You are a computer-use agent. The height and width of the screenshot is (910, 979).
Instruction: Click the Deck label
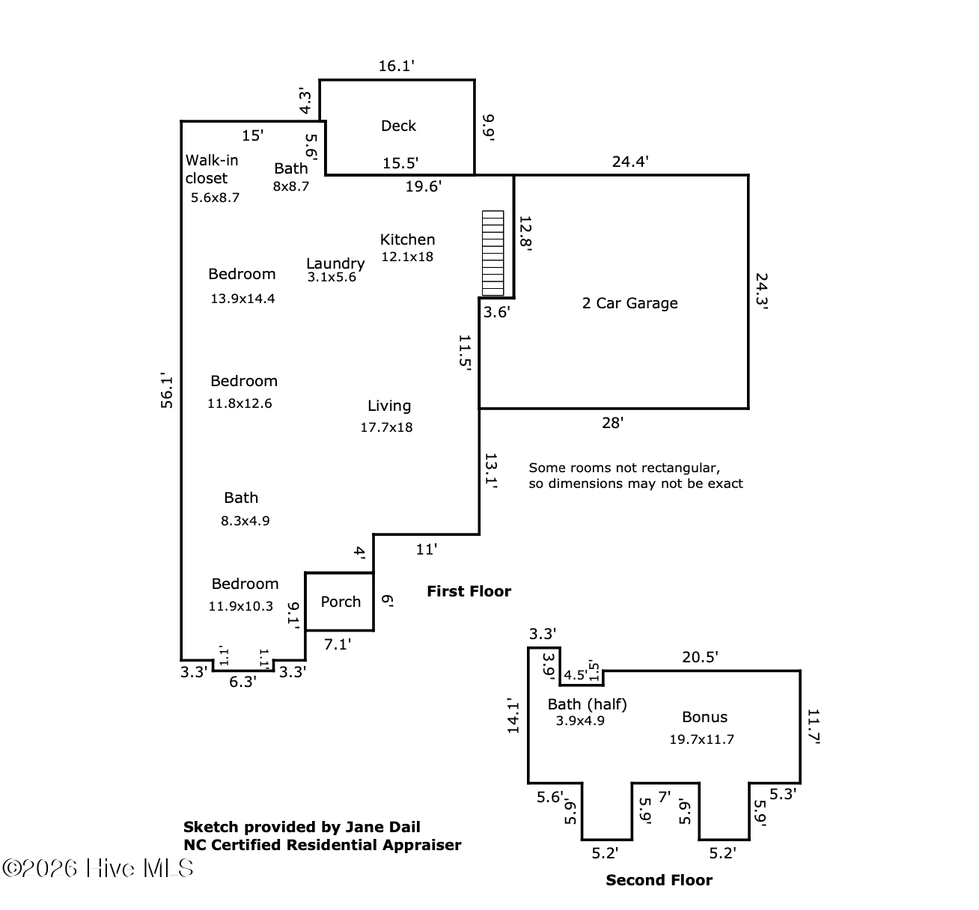[398, 126]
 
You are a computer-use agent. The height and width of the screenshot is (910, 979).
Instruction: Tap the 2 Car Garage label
[629, 303]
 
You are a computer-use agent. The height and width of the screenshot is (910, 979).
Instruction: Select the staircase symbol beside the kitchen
[493, 253]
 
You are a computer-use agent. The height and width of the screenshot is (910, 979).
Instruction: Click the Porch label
[341, 602]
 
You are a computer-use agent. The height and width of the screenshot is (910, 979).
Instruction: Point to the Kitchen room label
[407, 239]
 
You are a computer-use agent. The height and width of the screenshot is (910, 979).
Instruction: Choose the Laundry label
[335, 263]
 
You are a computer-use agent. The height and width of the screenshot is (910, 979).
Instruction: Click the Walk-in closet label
[211, 169]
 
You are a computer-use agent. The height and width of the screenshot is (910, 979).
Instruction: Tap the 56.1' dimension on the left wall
[167, 391]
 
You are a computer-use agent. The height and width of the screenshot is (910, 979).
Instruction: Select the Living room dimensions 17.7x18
[386, 427]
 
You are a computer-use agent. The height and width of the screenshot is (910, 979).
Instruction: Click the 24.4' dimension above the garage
[630, 161]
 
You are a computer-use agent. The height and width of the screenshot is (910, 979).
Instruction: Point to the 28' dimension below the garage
[612, 423]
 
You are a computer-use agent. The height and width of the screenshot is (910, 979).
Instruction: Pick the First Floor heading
[469, 591]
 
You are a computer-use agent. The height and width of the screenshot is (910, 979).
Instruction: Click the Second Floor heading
[659, 880]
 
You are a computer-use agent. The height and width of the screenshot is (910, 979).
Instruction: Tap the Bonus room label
[704, 717]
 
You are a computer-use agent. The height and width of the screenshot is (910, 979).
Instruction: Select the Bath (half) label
[587, 704]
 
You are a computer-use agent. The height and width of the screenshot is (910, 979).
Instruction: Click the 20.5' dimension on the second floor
[700, 657]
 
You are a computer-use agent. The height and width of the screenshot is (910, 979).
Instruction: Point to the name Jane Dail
[382, 827]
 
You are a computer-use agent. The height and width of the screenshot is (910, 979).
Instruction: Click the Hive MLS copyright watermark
[98, 868]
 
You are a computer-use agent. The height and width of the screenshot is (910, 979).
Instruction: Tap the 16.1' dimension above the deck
[396, 66]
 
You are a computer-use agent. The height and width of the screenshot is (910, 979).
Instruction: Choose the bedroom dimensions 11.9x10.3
[240, 606]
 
